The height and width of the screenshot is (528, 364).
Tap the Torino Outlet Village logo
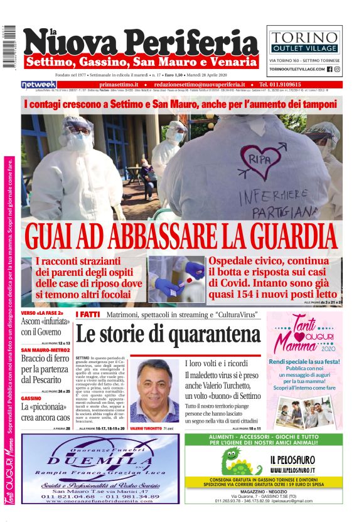tap(304, 41)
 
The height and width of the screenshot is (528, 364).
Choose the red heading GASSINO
tap(31, 398)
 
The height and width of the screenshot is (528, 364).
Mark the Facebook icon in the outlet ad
tap(329, 69)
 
